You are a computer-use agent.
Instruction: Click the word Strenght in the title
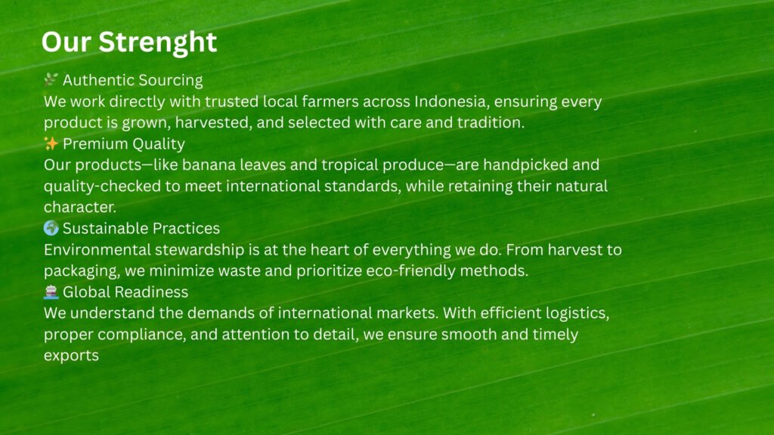pos(157,43)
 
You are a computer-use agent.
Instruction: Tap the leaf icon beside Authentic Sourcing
pos(51,79)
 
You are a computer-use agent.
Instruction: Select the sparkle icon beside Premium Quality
pos(51,143)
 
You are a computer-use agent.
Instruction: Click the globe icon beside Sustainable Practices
pos(51,228)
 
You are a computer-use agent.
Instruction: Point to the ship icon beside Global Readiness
pos(51,292)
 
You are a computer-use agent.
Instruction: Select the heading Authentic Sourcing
pos(133,80)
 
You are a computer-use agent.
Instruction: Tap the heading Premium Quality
pos(124,144)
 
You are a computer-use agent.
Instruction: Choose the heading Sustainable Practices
pos(141,228)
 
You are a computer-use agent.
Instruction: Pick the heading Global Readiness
pos(125,292)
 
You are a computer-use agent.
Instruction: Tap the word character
pos(80,207)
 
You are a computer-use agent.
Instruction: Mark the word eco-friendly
pos(410,271)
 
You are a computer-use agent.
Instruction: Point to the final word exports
pos(71,356)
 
